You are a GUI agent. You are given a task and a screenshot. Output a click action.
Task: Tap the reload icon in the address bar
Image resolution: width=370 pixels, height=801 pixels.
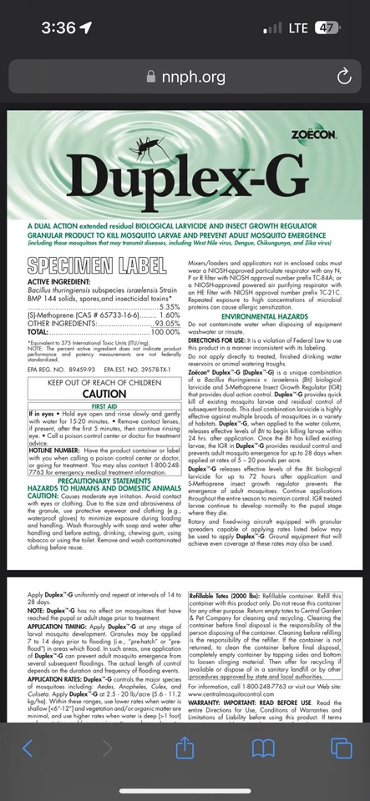[344, 77]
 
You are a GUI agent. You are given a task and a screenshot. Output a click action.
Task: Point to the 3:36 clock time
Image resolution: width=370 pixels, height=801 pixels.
[58, 28]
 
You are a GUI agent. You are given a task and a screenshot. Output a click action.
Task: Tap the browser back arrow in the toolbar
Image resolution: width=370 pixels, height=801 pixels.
[28, 748]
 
